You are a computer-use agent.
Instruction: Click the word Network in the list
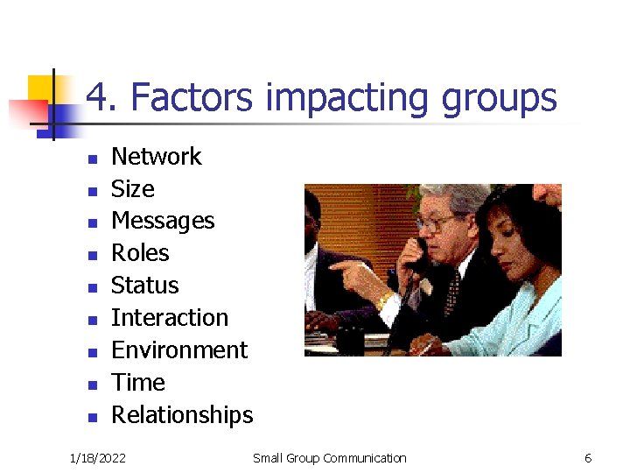coord(156,157)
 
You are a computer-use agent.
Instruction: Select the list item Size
coord(132,189)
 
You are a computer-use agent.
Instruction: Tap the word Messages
coord(163,221)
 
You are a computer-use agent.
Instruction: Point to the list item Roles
coord(140,253)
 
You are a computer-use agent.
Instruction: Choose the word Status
coord(144,286)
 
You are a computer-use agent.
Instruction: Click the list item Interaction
coord(169,318)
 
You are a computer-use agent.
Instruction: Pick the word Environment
coord(179,350)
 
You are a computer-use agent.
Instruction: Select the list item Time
coord(137,383)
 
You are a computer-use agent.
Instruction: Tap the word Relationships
coord(182,415)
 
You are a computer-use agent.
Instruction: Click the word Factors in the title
coord(192,98)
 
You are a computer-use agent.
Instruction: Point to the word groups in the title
coord(499,98)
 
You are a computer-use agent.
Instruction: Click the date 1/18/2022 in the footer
coord(98,458)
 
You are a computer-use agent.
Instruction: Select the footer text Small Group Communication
coord(329,458)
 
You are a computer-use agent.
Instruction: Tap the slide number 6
coord(588,458)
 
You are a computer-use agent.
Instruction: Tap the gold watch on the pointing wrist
coord(382,300)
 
